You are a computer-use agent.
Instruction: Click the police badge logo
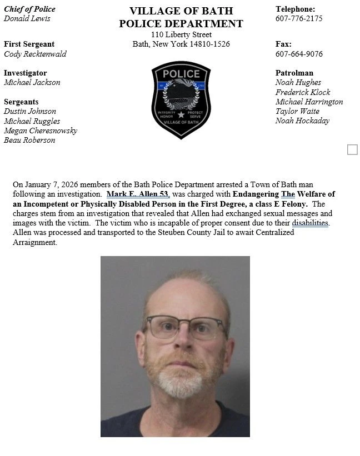point(181,100)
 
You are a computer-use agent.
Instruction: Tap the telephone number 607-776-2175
point(299,18)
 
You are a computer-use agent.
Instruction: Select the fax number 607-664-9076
point(299,54)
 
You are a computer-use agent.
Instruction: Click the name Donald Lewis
point(27,18)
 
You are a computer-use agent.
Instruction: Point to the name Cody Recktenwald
point(36,54)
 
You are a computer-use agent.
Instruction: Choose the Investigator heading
point(25,73)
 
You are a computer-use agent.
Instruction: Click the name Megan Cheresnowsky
point(41,131)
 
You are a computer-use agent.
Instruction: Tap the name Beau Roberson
point(29,140)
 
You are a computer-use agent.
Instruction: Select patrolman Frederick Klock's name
point(303,92)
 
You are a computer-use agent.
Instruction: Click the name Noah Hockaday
point(302,121)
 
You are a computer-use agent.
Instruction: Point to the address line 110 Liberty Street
point(181,34)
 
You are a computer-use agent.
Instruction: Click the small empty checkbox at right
point(352,149)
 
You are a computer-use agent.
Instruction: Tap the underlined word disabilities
point(311,223)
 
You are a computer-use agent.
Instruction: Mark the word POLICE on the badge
point(181,74)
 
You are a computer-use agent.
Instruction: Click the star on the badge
point(181,114)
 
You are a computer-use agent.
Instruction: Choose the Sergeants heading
point(21,102)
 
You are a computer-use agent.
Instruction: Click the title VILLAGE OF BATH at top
point(181,11)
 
